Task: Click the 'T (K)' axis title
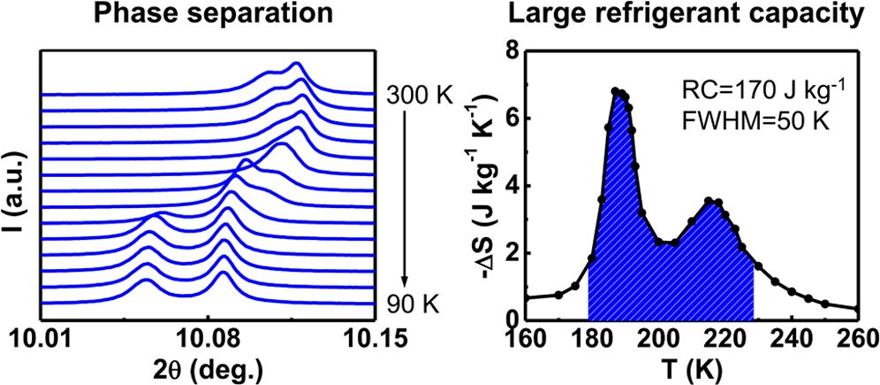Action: pos(690,367)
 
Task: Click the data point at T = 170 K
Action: pos(558,295)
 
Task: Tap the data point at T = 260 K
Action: pos(857,309)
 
